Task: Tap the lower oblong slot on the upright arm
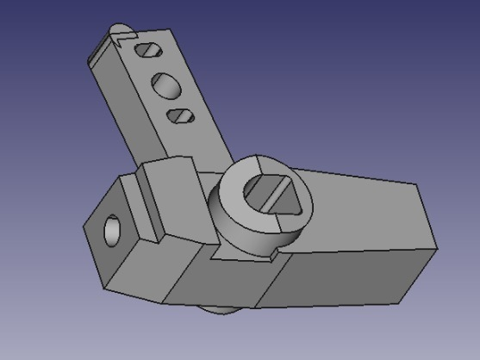(x=181, y=115)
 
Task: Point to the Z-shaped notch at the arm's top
(x=117, y=39)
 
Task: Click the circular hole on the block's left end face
(x=113, y=230)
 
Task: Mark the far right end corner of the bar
(x=435, y=250)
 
